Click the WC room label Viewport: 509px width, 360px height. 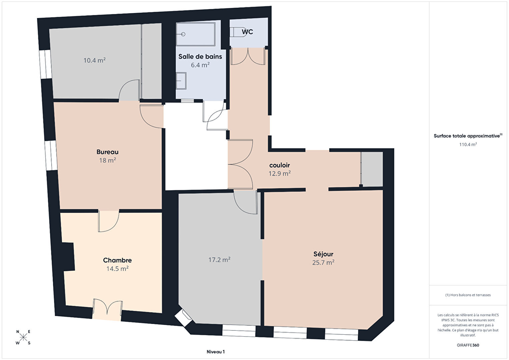point(247,32)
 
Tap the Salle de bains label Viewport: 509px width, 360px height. point(200,57)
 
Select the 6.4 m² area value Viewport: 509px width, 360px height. point(200,65)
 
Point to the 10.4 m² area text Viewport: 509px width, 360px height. point(94,60)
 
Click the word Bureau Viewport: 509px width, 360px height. point(107,152)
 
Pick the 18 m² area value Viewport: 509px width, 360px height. point(107,160)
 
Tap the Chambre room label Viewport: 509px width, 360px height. point(117,260)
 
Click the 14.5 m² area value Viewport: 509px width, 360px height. point(117,269)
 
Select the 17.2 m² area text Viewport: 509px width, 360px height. point(219,260)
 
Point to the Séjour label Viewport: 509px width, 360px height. point(323,254)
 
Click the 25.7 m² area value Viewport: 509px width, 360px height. point(323,263)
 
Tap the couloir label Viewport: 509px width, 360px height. point(280,165)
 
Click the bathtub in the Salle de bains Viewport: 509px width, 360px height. point(196,34)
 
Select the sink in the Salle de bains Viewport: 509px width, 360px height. point(181,81)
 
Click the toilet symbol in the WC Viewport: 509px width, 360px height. point(238,32)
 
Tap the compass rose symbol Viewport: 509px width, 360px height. point(23,337)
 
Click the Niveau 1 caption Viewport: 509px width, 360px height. point(216,352)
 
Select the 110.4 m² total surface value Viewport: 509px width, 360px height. point(468,144)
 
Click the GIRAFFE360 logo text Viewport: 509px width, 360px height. point(468,345)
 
